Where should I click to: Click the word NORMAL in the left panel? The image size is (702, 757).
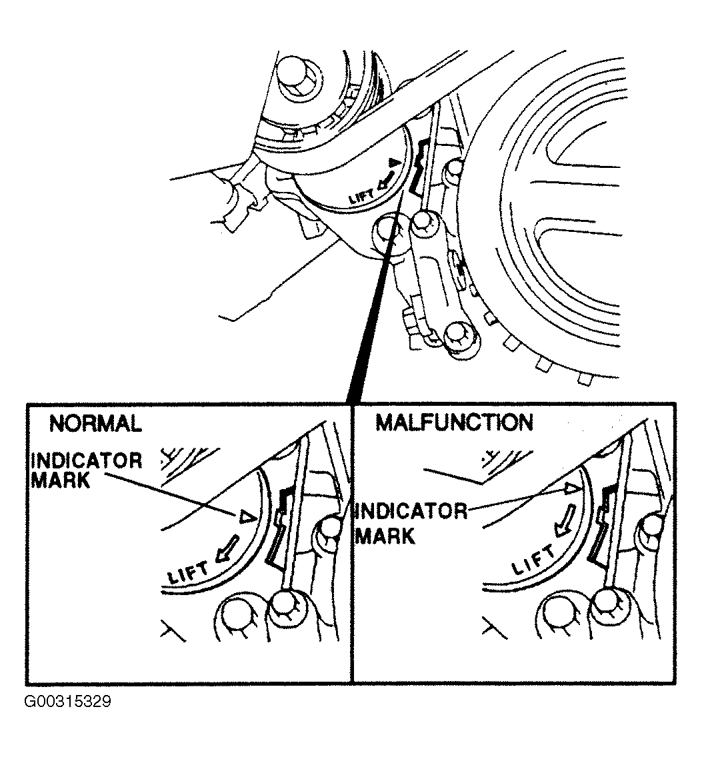95,424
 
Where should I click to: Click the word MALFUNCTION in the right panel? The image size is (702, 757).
454,422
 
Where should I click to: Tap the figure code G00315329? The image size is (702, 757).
67,702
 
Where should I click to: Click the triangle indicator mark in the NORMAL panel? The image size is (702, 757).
247,516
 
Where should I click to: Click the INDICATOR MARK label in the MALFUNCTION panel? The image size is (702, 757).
410,523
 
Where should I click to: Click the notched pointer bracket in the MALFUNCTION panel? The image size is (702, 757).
603,523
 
